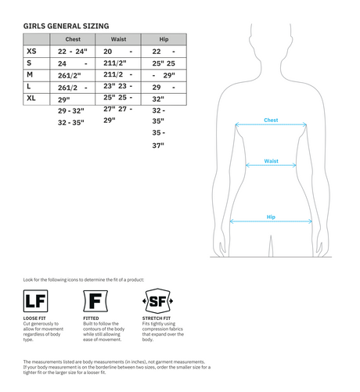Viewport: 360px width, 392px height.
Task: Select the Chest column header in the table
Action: [73, 38]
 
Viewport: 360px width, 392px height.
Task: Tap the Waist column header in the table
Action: [119, 38]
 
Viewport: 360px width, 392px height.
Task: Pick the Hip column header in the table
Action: [164, 38]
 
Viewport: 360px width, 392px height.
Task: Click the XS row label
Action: [31, 51]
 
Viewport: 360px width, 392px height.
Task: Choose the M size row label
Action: [30, 74]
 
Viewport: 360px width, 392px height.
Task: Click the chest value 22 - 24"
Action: [73, 51]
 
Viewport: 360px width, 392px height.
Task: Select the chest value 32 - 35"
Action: [71, 123]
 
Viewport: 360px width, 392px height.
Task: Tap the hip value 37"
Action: [158, 146]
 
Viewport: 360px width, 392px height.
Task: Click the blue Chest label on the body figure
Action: [271, 120]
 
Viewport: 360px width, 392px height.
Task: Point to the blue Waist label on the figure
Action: [271, 161]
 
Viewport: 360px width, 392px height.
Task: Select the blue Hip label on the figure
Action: [271, 217]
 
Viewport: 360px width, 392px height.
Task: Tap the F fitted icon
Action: [94, 302]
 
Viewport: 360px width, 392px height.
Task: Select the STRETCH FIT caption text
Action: [156, 319]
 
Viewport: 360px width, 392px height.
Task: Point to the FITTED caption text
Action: [92, 319]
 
